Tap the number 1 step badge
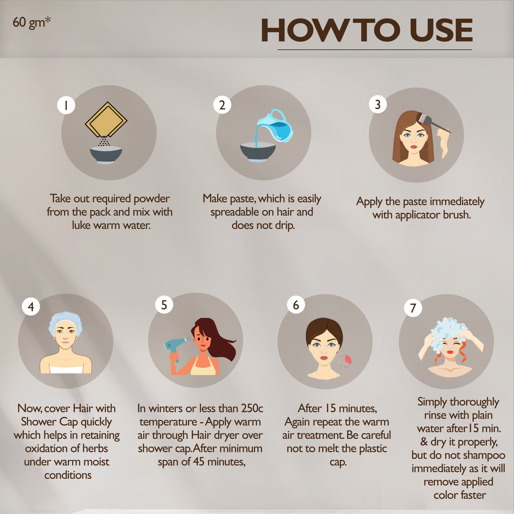[x=66, y=105]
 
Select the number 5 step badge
[x=164, y=305]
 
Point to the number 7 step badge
[x=413, y=308]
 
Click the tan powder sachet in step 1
[x=106, y=119]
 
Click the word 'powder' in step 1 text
[x=151, y=199]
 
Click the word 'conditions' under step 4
[x=68, y=475]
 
